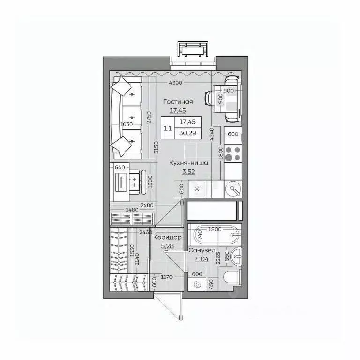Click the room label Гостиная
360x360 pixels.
tap(178, 101)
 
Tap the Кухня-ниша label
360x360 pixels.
tap(189, 163)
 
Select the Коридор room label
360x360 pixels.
tap(167, 238)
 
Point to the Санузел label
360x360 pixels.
tap(202, 251)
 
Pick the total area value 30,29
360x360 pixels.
tap(187, 133)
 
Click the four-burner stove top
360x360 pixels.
tap(233, 154)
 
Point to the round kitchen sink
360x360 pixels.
tap(232, 189)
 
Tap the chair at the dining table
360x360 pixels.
tap(211, 98)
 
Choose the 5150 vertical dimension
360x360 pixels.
tap(157, 148)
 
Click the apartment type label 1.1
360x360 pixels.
tap(167, 127)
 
